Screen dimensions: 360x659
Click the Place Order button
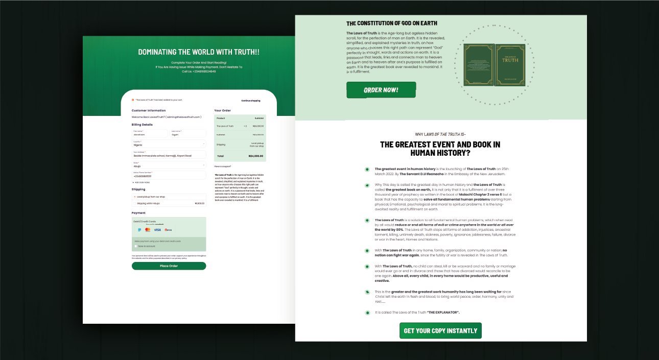[169, 266]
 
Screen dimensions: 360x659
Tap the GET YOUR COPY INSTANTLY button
[440, 330]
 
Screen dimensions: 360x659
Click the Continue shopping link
[250, 101]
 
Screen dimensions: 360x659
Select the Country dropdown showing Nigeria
[169, 144]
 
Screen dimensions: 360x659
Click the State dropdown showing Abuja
[169, 165]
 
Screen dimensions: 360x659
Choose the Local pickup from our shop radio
[135, 197]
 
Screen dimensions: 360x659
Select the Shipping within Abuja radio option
[135, 203]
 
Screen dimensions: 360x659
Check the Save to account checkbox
[136, 246]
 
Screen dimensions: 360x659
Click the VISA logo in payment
[157, 230]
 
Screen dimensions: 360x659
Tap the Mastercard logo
[148, 230]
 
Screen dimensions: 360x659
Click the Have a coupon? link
[223, 166]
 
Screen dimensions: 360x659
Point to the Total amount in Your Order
[255, 156]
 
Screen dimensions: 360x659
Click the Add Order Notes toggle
[142, 182]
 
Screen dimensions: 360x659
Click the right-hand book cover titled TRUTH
[510, 64]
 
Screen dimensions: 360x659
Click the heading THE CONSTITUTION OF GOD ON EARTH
[391, 23]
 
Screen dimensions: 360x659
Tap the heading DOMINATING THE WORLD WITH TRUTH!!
[199, 52]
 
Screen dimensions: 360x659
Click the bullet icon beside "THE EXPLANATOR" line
[367, 313]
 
